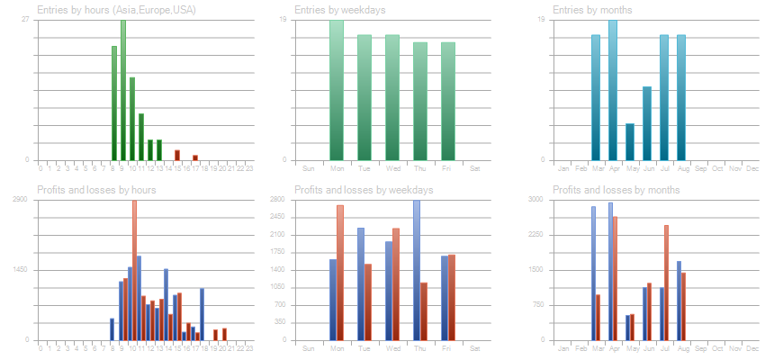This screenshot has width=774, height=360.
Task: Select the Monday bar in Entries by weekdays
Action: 337,90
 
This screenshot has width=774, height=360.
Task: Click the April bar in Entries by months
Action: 613,90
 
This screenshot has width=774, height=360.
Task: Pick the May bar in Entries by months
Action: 630,141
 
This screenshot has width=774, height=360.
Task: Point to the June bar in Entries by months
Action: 647,123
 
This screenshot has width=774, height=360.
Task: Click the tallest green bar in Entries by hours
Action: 123,90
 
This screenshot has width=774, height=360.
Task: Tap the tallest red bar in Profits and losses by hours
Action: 134,270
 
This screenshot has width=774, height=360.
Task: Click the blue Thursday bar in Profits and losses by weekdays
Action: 417,270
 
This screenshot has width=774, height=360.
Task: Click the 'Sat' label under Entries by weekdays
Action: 475,168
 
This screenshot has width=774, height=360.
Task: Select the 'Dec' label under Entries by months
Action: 752,168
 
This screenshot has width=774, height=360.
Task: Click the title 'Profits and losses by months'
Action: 616,190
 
